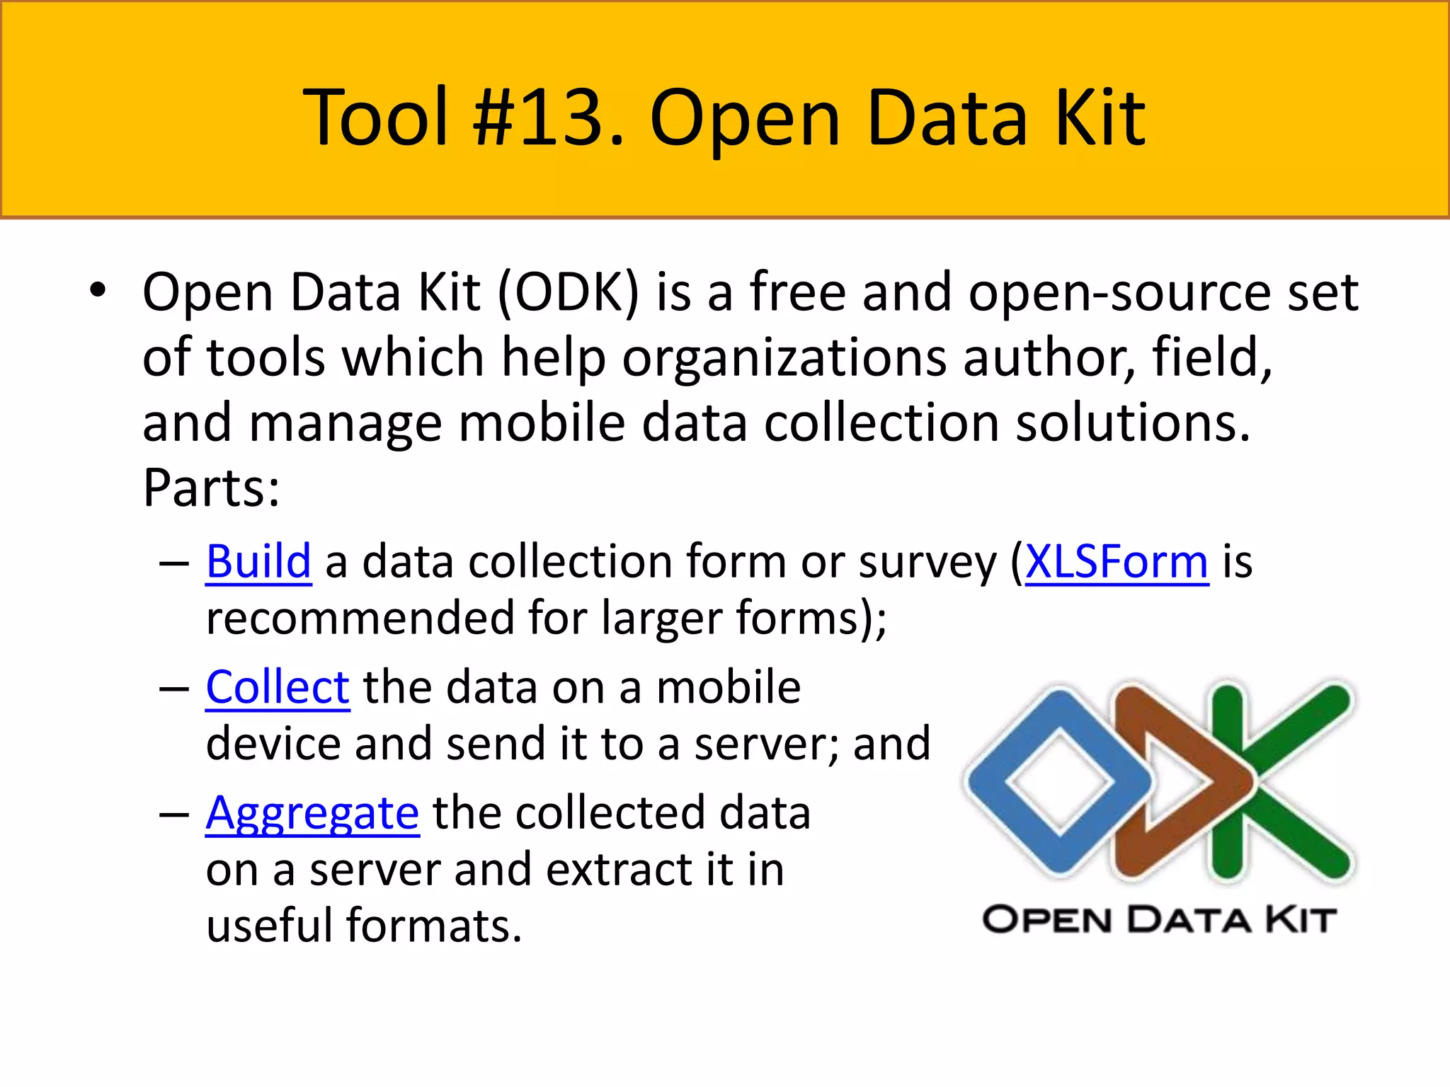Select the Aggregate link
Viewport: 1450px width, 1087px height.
click(x=312, y=813)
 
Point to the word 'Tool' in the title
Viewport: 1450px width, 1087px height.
click(x=376, y=117)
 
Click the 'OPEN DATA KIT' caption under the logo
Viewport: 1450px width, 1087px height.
click(x=1159, y=920)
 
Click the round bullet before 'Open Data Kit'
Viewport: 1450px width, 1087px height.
click(x=98, y=291)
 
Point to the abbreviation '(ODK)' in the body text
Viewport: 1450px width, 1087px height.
click(x=569, y=292)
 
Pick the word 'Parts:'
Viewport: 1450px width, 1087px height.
click(x=211, y=488)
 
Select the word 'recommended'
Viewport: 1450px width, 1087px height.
click(x=360, y=618)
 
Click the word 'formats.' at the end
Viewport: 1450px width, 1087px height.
click(x=434, y=925)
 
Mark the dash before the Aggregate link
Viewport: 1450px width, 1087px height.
click(x=174, y=815)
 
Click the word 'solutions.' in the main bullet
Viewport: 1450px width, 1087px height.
click(x=1133, y=422)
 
